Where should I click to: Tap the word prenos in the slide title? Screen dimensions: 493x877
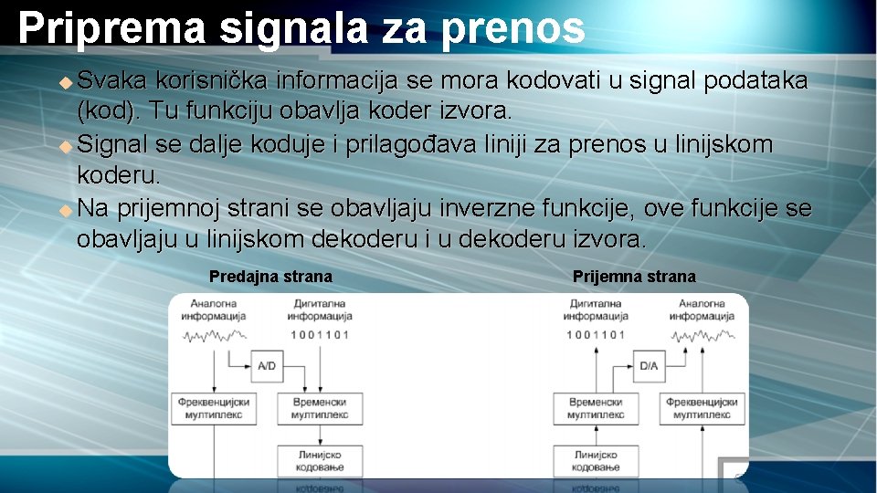pos(512,28)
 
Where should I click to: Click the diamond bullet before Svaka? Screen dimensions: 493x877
pos(65,82)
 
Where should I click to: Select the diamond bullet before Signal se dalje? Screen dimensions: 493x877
pos(65,146)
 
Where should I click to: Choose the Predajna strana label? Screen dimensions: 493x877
pos(270,277)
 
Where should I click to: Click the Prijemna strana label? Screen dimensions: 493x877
pos(634,277)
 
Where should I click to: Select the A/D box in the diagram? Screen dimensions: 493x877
pos(267,366)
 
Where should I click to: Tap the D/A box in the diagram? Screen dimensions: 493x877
pos(649,366)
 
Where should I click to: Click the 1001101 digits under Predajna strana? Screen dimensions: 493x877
pos(320,334)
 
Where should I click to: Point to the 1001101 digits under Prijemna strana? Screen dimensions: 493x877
pos(596,334)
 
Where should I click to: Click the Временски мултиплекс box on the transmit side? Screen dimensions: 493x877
pos(320,408)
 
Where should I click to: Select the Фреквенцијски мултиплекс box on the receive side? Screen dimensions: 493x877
pos(702,408)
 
